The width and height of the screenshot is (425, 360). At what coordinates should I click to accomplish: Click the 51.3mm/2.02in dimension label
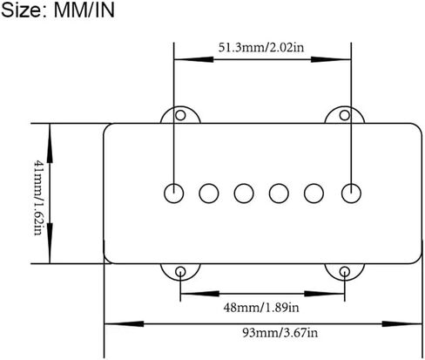(261, 47)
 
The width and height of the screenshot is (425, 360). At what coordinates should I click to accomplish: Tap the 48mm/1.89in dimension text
(261, 307)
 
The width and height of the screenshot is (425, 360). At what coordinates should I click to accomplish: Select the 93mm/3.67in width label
(280, 332)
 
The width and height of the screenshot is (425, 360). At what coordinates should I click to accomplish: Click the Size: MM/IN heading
(57, 10)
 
